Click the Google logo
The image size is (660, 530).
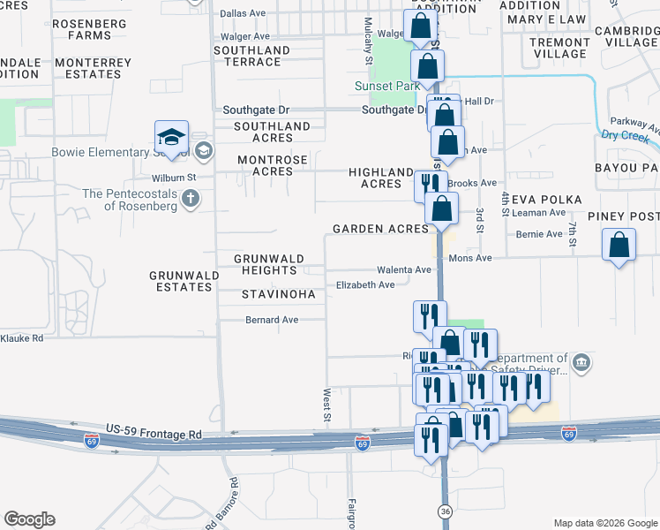tap(29, 519)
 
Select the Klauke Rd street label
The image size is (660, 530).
tap(21, 338)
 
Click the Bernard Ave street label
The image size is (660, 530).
tap(272, 320)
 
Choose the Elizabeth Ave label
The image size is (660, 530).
tap(365, 285)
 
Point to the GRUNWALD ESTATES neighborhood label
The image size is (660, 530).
tap(184, 281)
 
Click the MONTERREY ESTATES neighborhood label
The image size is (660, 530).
tap(93, 68)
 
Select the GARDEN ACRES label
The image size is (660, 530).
tap(380, 229)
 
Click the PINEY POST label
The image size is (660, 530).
tap(620, 216)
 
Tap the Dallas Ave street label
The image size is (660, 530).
tap(243, 13)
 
